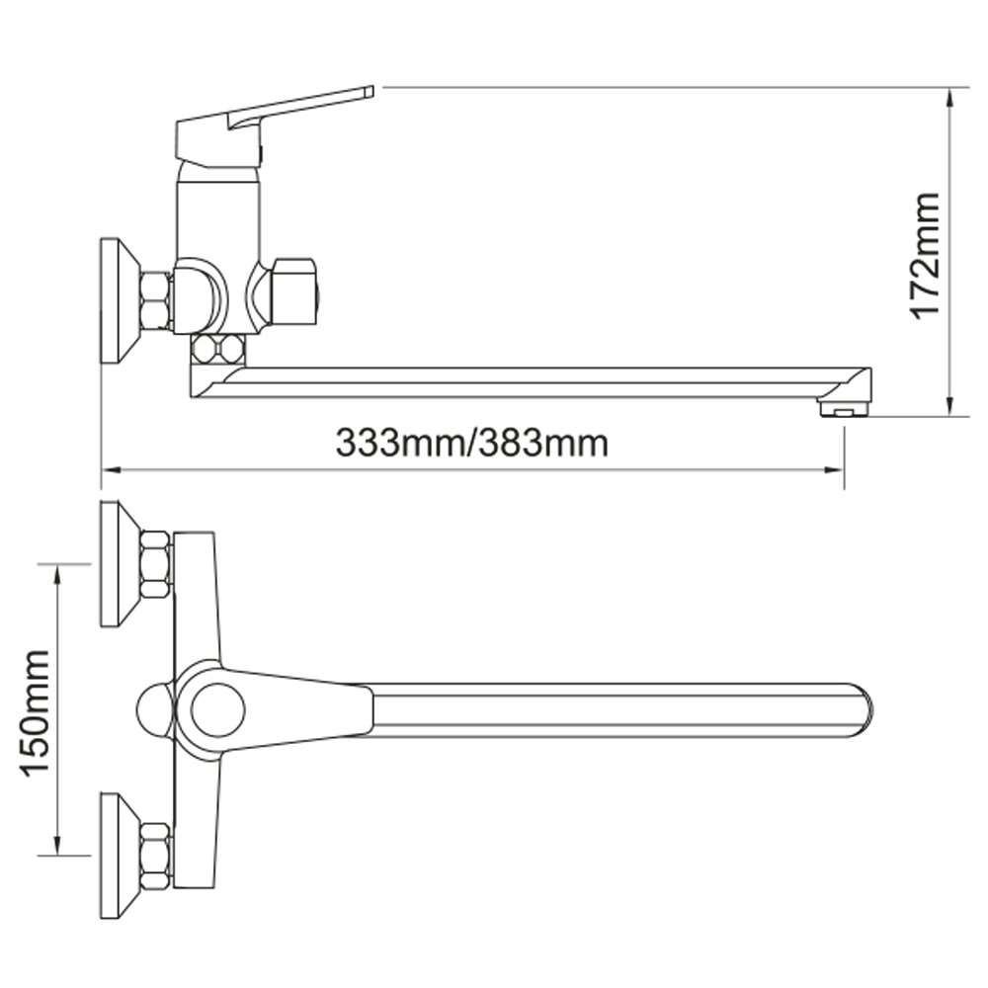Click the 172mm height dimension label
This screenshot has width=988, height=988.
pyautogui.click(x=927, y=256)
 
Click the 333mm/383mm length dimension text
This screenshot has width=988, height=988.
pyautogui.click(x=472, y=443)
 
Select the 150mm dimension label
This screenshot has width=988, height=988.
pyautogui.click(x=35, y=713)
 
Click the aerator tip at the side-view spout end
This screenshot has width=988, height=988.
pyautogui.click(x=844, y=408)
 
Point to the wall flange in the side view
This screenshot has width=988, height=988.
pyautogui.click(x=120, y=300)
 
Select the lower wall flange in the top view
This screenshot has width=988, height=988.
pyautogui.click(x=120, y=855)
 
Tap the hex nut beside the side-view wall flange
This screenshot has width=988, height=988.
pyautogui.click(x=155, y=300)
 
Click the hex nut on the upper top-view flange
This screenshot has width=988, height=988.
pyautogui.click(x=155, y=564)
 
